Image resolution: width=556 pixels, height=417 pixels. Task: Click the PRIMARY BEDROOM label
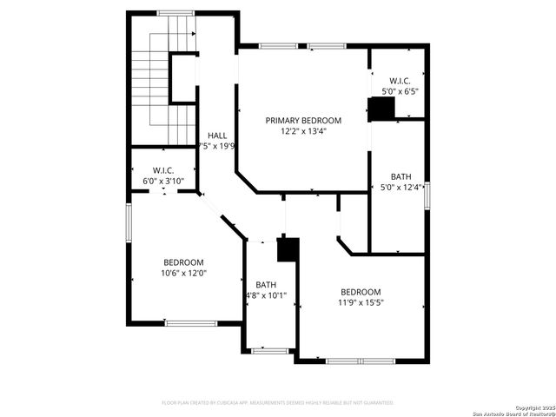[x=303, y=121]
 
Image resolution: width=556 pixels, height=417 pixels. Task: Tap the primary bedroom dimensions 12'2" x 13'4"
[x=303, y=132]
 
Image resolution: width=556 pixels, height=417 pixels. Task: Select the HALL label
[x=217, y=136]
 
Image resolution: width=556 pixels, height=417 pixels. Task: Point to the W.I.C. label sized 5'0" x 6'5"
[x=400, y=80]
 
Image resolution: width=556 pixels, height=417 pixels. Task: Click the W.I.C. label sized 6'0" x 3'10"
[x=163, y=170]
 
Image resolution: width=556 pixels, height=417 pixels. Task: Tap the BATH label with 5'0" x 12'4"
[x=400, y=176]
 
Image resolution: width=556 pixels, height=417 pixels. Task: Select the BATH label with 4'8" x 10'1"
[x=266, y=285]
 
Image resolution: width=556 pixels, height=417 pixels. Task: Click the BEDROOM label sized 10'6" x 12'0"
[x=183, y=262]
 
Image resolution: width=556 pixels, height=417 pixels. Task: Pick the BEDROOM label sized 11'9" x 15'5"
[x=360, y=292]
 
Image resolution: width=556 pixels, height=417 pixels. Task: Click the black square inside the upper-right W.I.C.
[x=381, y=107]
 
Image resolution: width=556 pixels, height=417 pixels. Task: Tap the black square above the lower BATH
[x=288, y=249]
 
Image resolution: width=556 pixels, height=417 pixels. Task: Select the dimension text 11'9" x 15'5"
[x=360, y=303]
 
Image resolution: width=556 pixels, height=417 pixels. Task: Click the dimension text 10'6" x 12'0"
[x=183, y=274]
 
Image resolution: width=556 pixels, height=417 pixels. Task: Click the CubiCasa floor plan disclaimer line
[x=278, y=403]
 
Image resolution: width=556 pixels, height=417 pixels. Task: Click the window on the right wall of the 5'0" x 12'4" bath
[x=427, y=196]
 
